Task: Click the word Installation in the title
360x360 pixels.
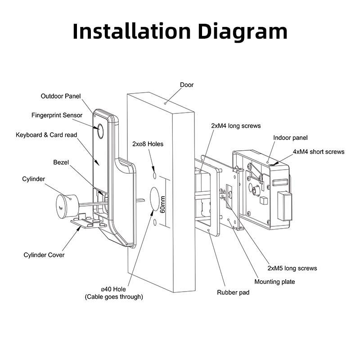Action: [x=131, y=31]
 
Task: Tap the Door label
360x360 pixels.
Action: [x=187, y=85]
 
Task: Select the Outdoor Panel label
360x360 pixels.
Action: [x=61, y=96]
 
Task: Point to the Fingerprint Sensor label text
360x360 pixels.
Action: [x=57, y=115]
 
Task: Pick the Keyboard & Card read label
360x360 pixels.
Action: [x=46, y=135]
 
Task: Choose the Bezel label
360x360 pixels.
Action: [x=61, y=162]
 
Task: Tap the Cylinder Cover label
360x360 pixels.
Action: [x=44, y=255]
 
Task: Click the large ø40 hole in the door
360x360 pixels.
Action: [x=154, y=200]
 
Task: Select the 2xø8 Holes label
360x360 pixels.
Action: [x=148, y=144]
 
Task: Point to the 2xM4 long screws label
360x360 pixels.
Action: [x=236, y=126]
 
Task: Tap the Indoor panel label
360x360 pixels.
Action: [x=290, y=138]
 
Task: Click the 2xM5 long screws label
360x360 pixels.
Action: [x=292, y=268]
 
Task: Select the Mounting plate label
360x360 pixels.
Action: [x=275, y=282]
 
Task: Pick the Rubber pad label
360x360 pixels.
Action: [x=233, y=292]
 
